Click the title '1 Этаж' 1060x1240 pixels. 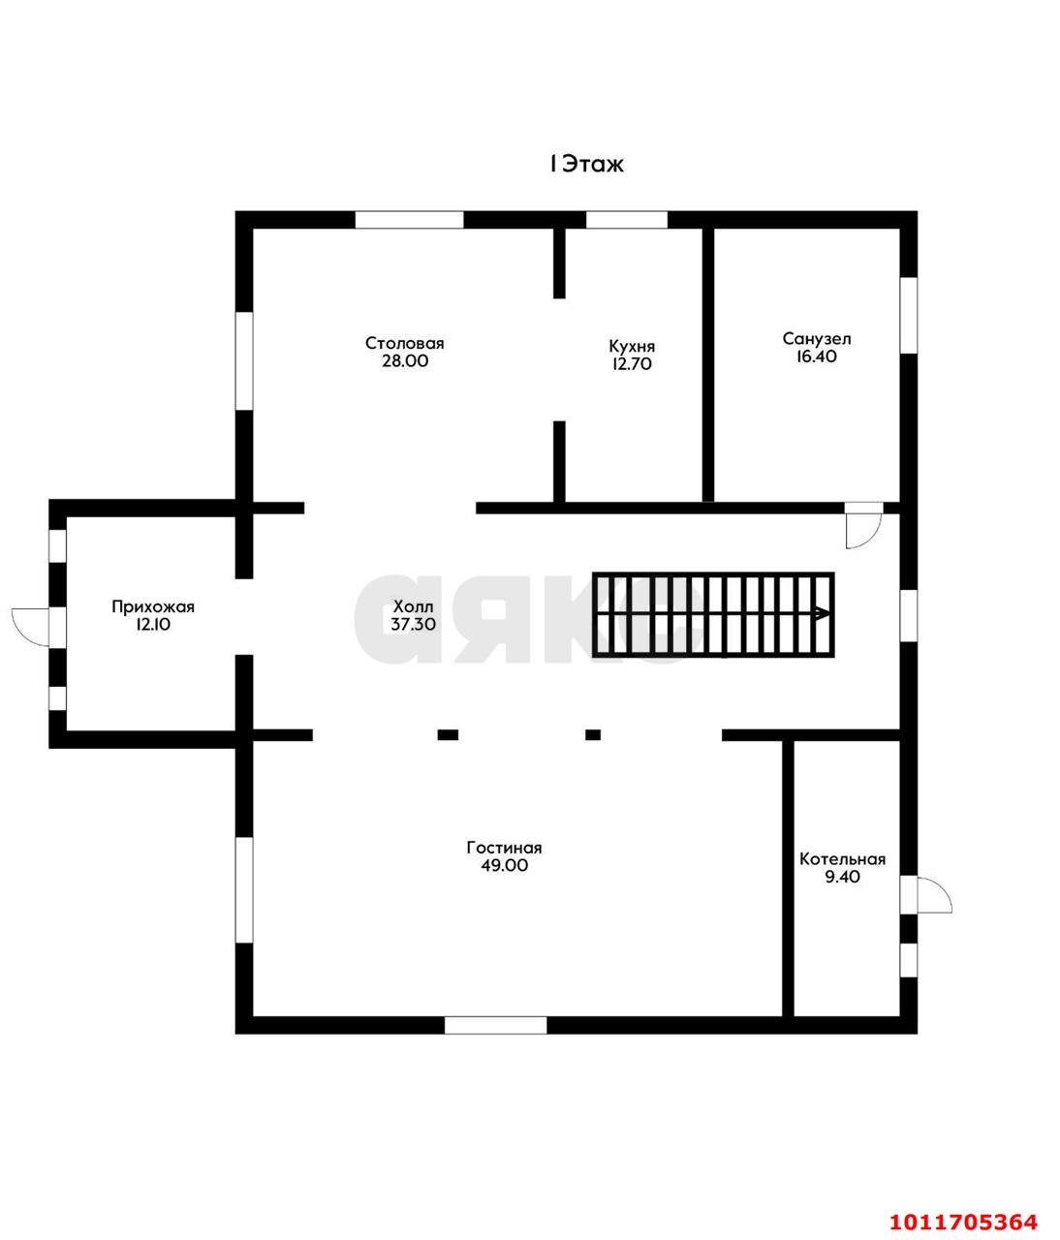[586, 164]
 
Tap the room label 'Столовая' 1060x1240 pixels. [404, 343]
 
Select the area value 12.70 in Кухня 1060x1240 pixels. [631, 364]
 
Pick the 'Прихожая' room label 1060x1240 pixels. [153, 607]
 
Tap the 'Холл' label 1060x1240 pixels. [413, 605]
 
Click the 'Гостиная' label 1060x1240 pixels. [504, 848]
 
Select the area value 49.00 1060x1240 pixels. [504, 865]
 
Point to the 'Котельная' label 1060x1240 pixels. [842, 859]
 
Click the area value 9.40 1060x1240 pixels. [842, 877]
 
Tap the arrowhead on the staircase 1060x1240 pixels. [822, 613]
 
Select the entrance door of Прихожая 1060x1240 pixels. [31, 627]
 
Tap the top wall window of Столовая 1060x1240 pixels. [409, 220]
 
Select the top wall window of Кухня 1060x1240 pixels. [626, 220]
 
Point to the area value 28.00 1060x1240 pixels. [404, 361]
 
